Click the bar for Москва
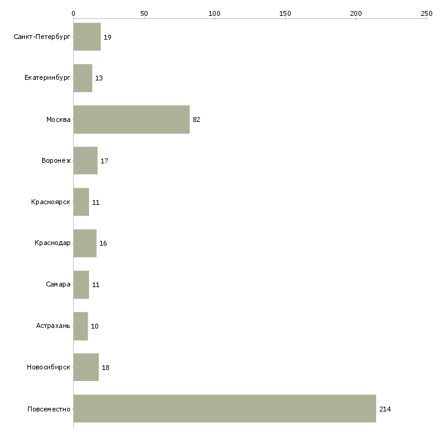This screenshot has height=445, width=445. point(132,119)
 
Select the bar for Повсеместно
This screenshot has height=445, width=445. point(225,408)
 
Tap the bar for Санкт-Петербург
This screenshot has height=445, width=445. point(87,37)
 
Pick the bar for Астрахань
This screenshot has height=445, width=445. point(81,326)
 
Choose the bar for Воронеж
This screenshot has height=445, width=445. point(86,161)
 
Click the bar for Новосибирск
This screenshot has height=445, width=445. point(87,367)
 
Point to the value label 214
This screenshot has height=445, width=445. point(385,409)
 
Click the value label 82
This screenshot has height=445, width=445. point(196,119)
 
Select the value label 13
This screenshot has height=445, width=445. point(99,78)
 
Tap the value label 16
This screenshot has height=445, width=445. point(103,243)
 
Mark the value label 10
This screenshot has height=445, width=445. point(94,326)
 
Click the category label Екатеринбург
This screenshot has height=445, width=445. point(47,78)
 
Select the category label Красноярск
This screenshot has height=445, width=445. point(51,202)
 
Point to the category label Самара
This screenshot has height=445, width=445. point(58,284)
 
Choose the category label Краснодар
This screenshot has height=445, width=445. point(52,243)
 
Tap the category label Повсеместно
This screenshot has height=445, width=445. point(49,409)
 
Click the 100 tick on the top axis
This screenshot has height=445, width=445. point(215,13)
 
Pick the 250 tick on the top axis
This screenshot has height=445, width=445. point(427,13)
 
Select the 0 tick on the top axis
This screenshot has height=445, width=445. point(74,13)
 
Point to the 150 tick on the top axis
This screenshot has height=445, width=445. point(285,13)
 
